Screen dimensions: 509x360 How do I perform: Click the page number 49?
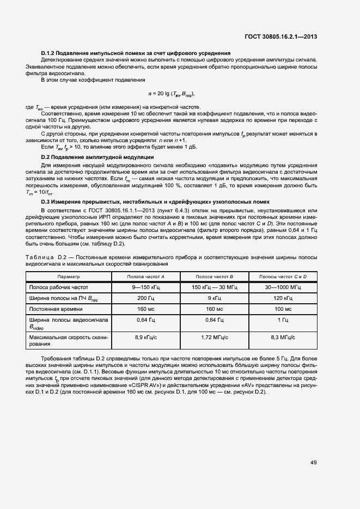click(314, 463)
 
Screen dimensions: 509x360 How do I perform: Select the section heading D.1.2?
click(136, 53)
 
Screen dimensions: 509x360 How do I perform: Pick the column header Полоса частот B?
click(214, 277)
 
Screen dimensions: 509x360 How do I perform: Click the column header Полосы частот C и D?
click(283, 277)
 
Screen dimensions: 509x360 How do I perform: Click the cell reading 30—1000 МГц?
click(283, 287)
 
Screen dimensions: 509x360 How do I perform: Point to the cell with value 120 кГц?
click(283, 298)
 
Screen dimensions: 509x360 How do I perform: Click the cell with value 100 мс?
click(283, 309)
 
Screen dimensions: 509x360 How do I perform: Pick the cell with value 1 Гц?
click(283, 320)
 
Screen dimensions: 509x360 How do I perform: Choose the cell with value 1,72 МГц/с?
click(214, 338)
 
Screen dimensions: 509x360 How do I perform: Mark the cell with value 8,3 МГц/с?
click(283, 338)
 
